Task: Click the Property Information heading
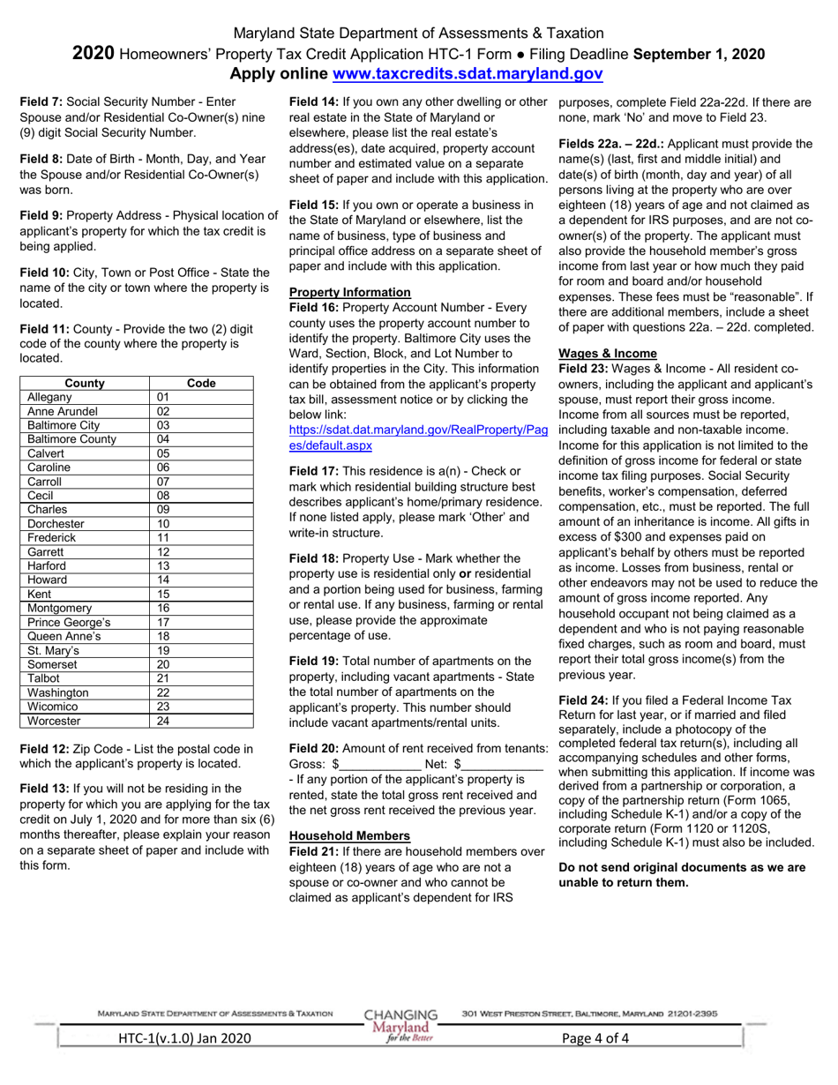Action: (x=350, y=292)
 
